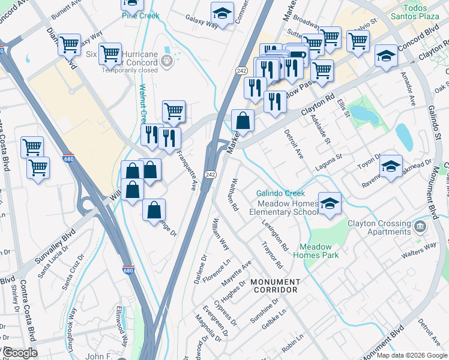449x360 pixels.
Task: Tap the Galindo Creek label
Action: click(280, 193)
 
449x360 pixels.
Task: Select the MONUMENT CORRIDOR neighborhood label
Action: click(274, 286)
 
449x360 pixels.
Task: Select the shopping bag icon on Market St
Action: click(242, 121)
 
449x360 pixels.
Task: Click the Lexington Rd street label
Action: click(276, 234)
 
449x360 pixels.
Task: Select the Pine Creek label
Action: click(140, 16)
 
